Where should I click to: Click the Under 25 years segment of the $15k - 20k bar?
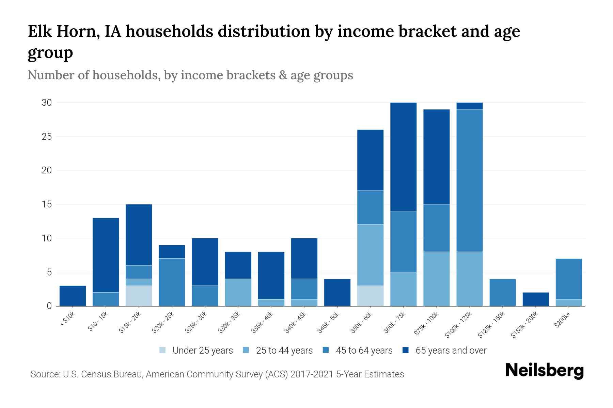[139, 295]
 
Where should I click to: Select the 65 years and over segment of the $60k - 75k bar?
[403, 157]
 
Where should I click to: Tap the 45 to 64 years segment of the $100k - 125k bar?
[469, 181]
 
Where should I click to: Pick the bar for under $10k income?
[73, 296]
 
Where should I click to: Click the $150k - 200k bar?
[535, 299]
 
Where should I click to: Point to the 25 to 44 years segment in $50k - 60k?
[370, 255]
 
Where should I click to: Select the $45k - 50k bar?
[337, 292]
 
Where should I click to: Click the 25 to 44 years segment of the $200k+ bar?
[568, 303]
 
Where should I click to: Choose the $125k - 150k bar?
[502, 292]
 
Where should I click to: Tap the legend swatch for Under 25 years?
[163, 350]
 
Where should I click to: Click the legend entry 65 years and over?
[451, 351]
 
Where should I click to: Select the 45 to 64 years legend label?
[364, 351]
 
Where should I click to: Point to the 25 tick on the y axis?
[47, 137]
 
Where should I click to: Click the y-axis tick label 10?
[47, 238]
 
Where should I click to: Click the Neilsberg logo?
[544, 371]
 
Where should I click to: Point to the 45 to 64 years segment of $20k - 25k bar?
[172, 282]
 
